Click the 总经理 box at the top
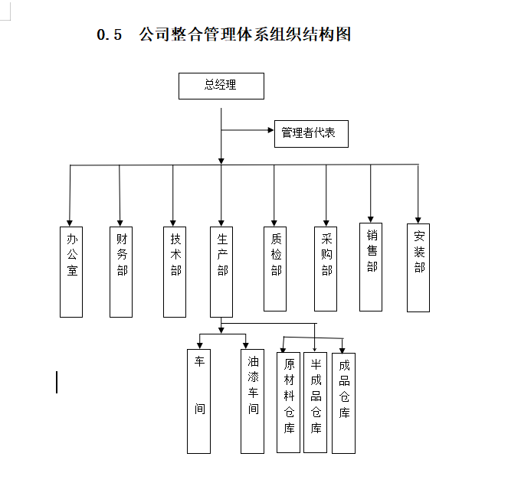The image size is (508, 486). pos(221,86)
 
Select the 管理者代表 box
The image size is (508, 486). pos(311,134)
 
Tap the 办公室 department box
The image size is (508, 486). pos(71,272)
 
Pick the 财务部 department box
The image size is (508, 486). pos(121,272)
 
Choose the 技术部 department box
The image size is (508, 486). pos(175,272)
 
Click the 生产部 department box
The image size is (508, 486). pos(221,272)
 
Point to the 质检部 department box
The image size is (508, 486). pos(275,269)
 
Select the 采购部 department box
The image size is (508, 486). pos(326,269)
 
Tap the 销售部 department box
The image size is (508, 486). pos(371,267)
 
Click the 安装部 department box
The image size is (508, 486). pos(418,268)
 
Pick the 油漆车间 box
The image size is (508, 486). pos(252,401)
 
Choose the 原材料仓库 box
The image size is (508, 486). pos(288,403)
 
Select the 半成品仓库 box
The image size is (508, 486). pos(315,403)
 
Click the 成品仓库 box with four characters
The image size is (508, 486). pos(344,403)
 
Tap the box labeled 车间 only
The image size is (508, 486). pos(199,401)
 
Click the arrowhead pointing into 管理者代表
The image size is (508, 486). pos(270,130)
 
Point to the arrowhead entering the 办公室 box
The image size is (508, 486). pos(70,223)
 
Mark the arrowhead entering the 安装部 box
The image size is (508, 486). pos(418,220)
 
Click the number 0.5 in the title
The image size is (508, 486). pos(109,34)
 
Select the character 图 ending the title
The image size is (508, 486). pos(343,34)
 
